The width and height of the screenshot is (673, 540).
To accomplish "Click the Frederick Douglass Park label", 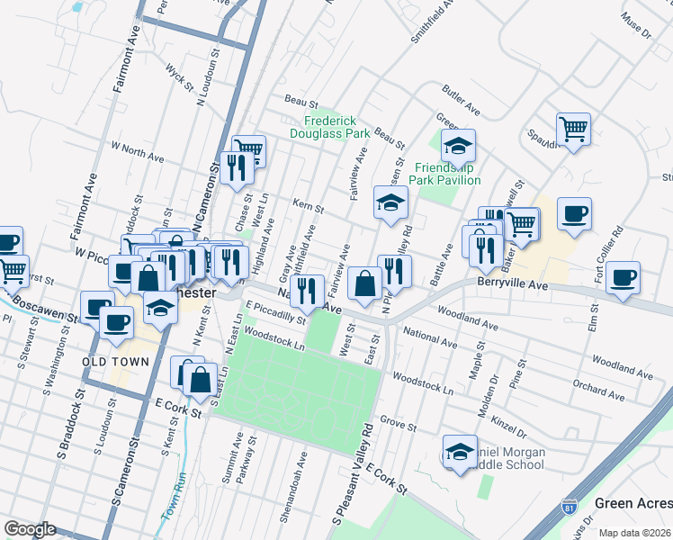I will tap(330, 127).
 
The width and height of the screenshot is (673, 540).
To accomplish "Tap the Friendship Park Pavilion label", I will tap(447, 174).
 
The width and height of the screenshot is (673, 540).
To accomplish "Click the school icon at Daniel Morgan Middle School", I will tap(460, 450).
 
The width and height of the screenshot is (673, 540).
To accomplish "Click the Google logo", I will tap(31, 528).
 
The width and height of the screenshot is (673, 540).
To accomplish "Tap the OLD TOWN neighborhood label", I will tap(112, 361).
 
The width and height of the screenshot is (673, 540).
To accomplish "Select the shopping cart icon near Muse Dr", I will tap(573, 129).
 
